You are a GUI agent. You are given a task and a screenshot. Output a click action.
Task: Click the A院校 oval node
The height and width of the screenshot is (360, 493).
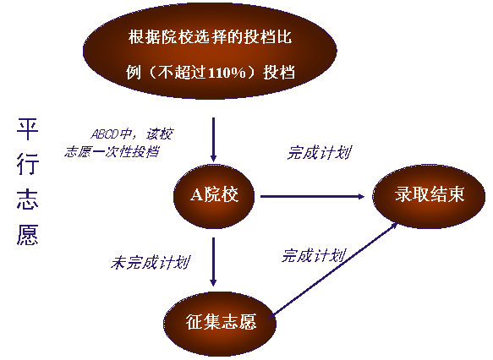(214, 196)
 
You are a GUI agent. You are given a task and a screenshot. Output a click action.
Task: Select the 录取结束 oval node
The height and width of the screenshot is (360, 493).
(429, 196)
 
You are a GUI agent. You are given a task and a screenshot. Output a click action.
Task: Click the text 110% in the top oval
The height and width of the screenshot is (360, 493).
(227, 73)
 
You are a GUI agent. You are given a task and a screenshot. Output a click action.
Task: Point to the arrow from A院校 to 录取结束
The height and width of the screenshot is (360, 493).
(312, 197)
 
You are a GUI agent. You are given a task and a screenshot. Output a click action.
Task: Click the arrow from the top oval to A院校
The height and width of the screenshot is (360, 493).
(213, 139)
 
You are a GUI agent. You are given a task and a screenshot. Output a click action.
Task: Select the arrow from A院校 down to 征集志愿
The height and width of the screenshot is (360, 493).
(213, 262)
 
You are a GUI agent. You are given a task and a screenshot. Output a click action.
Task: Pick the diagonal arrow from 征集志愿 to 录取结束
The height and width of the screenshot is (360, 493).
(334, 270)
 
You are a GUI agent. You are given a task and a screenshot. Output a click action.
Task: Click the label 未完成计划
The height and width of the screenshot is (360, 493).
(151, 262)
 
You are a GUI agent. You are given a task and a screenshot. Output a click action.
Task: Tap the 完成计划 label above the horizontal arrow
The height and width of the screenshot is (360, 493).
(320, 153)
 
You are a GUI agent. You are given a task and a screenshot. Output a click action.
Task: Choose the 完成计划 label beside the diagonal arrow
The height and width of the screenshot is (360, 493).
(314, 255)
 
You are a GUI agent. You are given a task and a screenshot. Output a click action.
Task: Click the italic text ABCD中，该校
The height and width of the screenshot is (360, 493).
(132, 134)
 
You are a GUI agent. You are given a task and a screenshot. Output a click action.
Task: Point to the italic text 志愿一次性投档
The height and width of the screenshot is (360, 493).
(112, 152)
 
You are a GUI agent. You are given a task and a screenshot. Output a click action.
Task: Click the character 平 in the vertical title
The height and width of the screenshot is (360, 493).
(28, 129)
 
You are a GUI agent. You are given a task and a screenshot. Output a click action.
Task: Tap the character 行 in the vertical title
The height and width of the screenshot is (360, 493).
(28, 164)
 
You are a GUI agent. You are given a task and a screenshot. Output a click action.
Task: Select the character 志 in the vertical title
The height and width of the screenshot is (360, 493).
(28, 199)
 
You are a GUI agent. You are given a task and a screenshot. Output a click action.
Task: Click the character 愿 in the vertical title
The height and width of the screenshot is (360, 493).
(28, 234)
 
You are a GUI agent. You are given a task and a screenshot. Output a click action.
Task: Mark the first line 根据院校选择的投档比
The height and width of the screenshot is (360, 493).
(210, 37)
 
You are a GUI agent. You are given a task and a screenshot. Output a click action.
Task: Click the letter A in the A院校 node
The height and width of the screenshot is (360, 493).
(196, 194)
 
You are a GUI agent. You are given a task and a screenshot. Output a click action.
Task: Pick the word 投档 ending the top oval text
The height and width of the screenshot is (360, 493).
(279, 73)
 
